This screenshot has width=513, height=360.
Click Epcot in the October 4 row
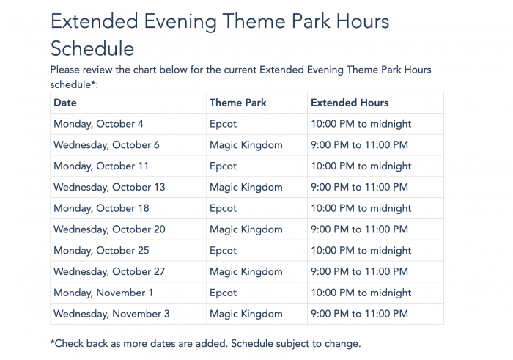point(223,125)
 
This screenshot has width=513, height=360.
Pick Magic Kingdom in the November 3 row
point(246,315)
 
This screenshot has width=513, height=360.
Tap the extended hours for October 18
point(361,208)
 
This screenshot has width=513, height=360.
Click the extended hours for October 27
point(359,271)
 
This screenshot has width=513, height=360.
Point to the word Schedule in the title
point(92,49)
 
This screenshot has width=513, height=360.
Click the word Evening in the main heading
point(180,22)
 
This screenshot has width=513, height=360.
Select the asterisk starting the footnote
point(52,342)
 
